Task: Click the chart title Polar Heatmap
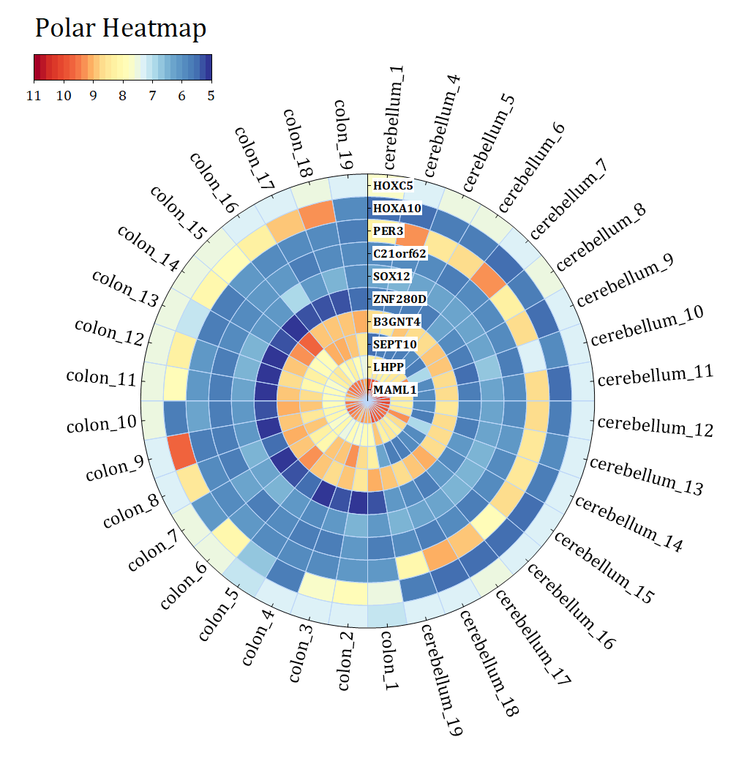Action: pos(121,29)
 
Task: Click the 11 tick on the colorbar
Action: pos(33,96)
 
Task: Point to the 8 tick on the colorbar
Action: pos(122,96)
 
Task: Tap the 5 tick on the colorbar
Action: pos(211,96)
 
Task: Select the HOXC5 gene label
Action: pos(393,186)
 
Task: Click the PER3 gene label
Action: pos(388,231)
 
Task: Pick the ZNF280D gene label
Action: pos(399,299)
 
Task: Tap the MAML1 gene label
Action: pos(394,390)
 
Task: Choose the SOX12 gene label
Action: pos(391,277)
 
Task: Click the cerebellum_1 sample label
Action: pos(395,117)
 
